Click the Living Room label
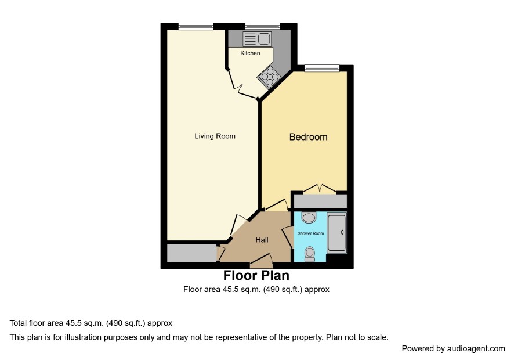pyautogui.click(x=215, y=136)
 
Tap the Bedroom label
pyautogui.click(x=308, y=137)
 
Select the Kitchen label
pyautogui.click(x=250, y=53)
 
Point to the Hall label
pyautogui.click(x=262, y=240)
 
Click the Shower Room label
pyautogui.click(x=310, y=233)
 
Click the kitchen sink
pyautogui.click(x=256, y=39)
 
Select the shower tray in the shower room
pyautogui.click(x=336, y=232)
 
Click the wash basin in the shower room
pyautogui.click(x=309, y=217)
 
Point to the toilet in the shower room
pyautogui.click(x=310, y=255)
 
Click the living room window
pyautogui.click(x=196, y=26)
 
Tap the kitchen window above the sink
pyautogui.click(x=263, y=26)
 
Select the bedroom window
pyautogui.click(x=322, y=69)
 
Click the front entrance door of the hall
pyautogui.click(x=261, y=260)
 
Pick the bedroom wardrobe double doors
pyautogui.click(x=320, y=189)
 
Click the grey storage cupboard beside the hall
pyautogui.click(x=192, y=253)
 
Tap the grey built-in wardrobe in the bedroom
pyautogui.click(x=320, y=201)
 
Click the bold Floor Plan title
pyautogui.click(x=256, y=276)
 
